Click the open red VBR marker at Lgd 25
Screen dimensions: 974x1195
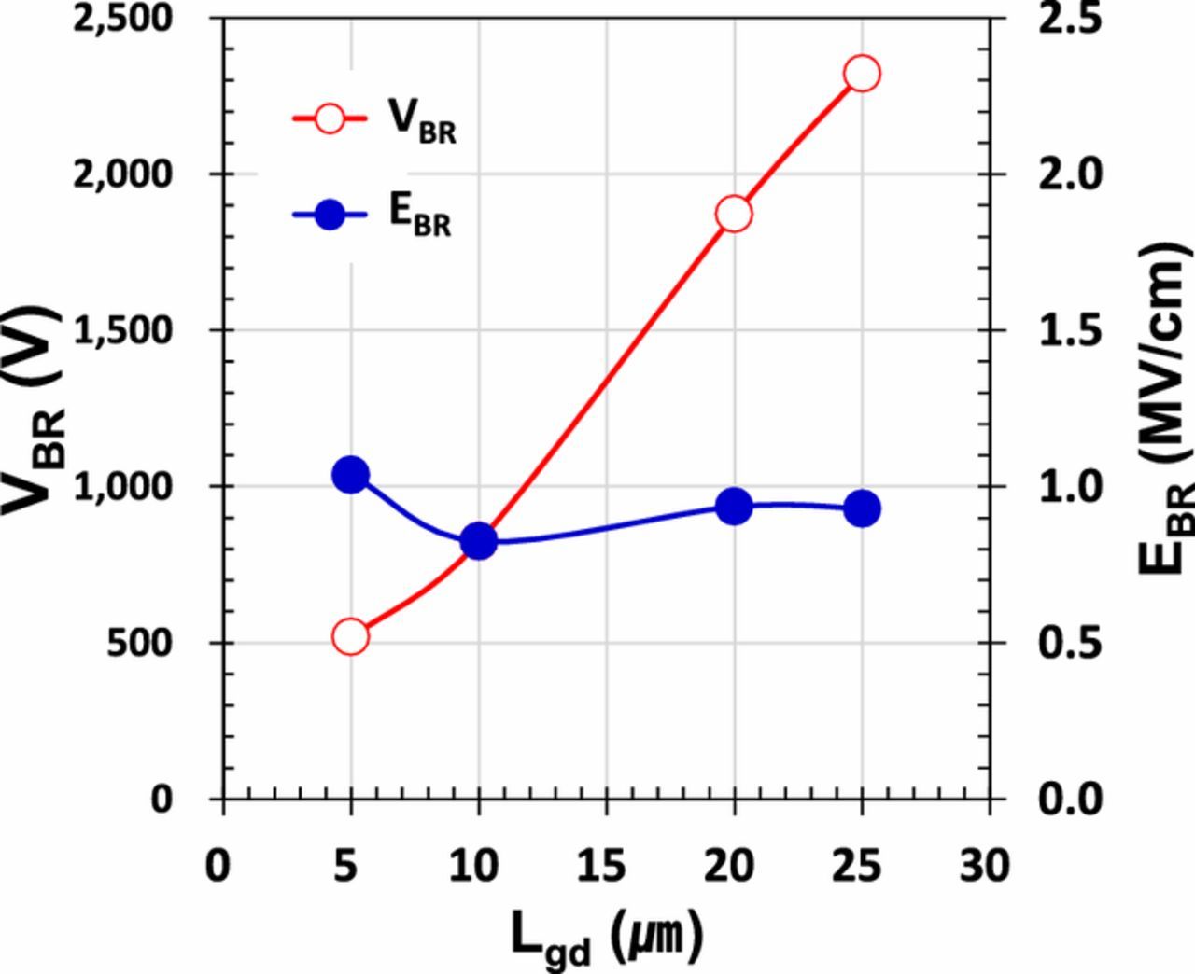(x=862, y=74)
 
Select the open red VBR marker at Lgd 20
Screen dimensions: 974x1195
(x=734, y=214)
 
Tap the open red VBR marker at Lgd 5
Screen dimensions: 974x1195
(x=350, y=637)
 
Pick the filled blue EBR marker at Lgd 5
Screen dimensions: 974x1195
(x=350, y=475)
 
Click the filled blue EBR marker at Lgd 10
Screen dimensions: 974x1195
(x=479, y=541)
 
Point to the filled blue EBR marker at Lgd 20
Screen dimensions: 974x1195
(x=734, y=507)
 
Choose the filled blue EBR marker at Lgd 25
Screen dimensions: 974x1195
(x=862, y=509)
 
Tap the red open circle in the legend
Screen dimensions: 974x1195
(x=330, y=118)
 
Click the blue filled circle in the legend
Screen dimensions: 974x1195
(x=330, y=216)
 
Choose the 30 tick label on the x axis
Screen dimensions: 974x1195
(x=987, y=867)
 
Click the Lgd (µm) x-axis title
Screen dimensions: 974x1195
(x=606, y=936)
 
